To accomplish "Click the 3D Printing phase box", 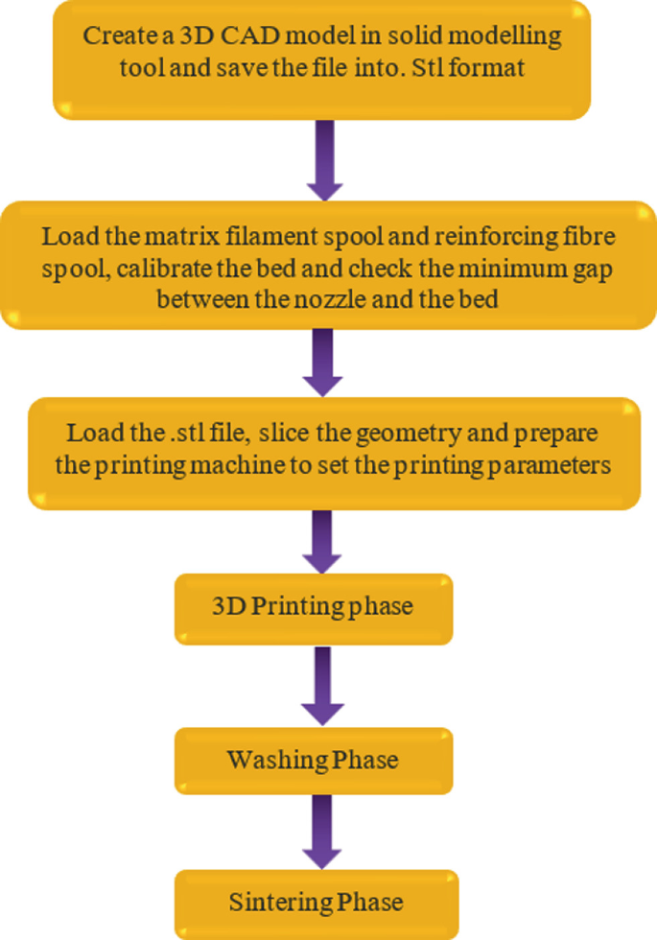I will [x=313, y=608].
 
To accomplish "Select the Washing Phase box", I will [x=313, y=761].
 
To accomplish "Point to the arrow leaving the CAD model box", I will [x=321, y=160].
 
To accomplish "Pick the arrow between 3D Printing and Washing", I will [x=321, y=685].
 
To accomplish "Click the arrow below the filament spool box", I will [x=321, y=362].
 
